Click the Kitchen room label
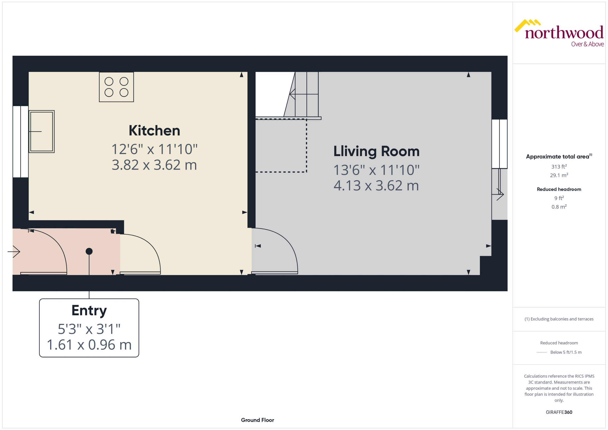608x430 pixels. (154, 131)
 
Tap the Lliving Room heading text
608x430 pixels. (376, 151)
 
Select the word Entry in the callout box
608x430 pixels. (89, 310)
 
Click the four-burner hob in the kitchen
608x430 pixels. (116, 87)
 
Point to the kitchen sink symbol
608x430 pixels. (42, 131)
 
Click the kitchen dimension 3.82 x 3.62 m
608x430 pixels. (154, 165)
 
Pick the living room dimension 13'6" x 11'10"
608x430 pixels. (376, 170)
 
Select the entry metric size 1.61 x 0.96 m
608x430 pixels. (89, 345)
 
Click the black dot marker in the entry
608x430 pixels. (89, 251)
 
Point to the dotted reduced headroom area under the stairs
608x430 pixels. (281, 146)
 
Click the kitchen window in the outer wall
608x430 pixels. (21, 142)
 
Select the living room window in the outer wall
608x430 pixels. (499, 144)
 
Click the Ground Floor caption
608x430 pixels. (257, 420)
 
